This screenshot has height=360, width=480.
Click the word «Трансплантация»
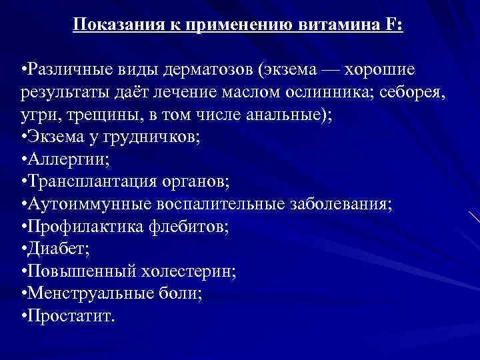(81, 181)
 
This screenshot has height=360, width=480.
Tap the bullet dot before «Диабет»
(23, 249)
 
